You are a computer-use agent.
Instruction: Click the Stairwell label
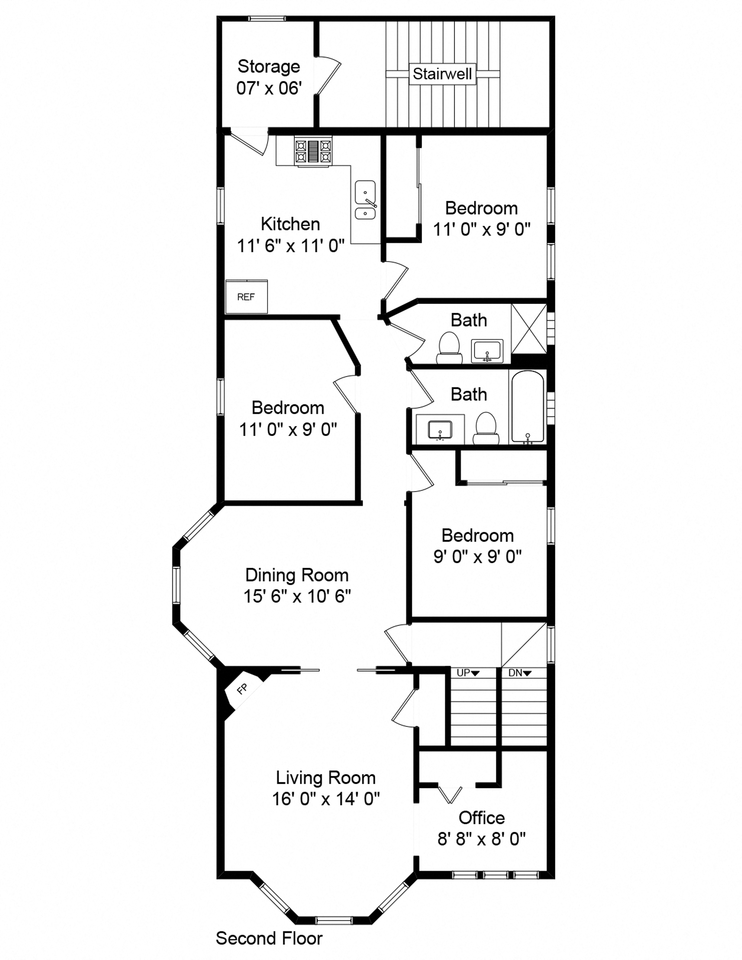pyautogui.click(x=442, y=74)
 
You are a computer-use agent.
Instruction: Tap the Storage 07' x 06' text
pyautogui.click(x=269, y=77)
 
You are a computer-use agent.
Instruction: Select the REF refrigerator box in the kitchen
pyautogui.click(x=246, y=297)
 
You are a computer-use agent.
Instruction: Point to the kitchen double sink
pyautogui.click(x=365, y=200)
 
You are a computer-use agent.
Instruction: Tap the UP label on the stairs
pyautogui.click(x=468, y=673)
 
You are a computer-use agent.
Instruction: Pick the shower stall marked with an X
pyautogui.click(x=529, y=328)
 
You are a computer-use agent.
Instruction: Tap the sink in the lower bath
pyautogui.click(x=440, y=429)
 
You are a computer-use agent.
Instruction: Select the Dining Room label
pyautogui.click(x=297, y=575)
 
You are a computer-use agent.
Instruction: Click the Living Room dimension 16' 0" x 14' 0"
pyautogui.click(x=326, y=798)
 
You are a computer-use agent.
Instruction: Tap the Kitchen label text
pyautogui.click(x=290, y=224)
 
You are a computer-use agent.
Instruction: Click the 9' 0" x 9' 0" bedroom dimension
pyautogui.click(x=477, y=557)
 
